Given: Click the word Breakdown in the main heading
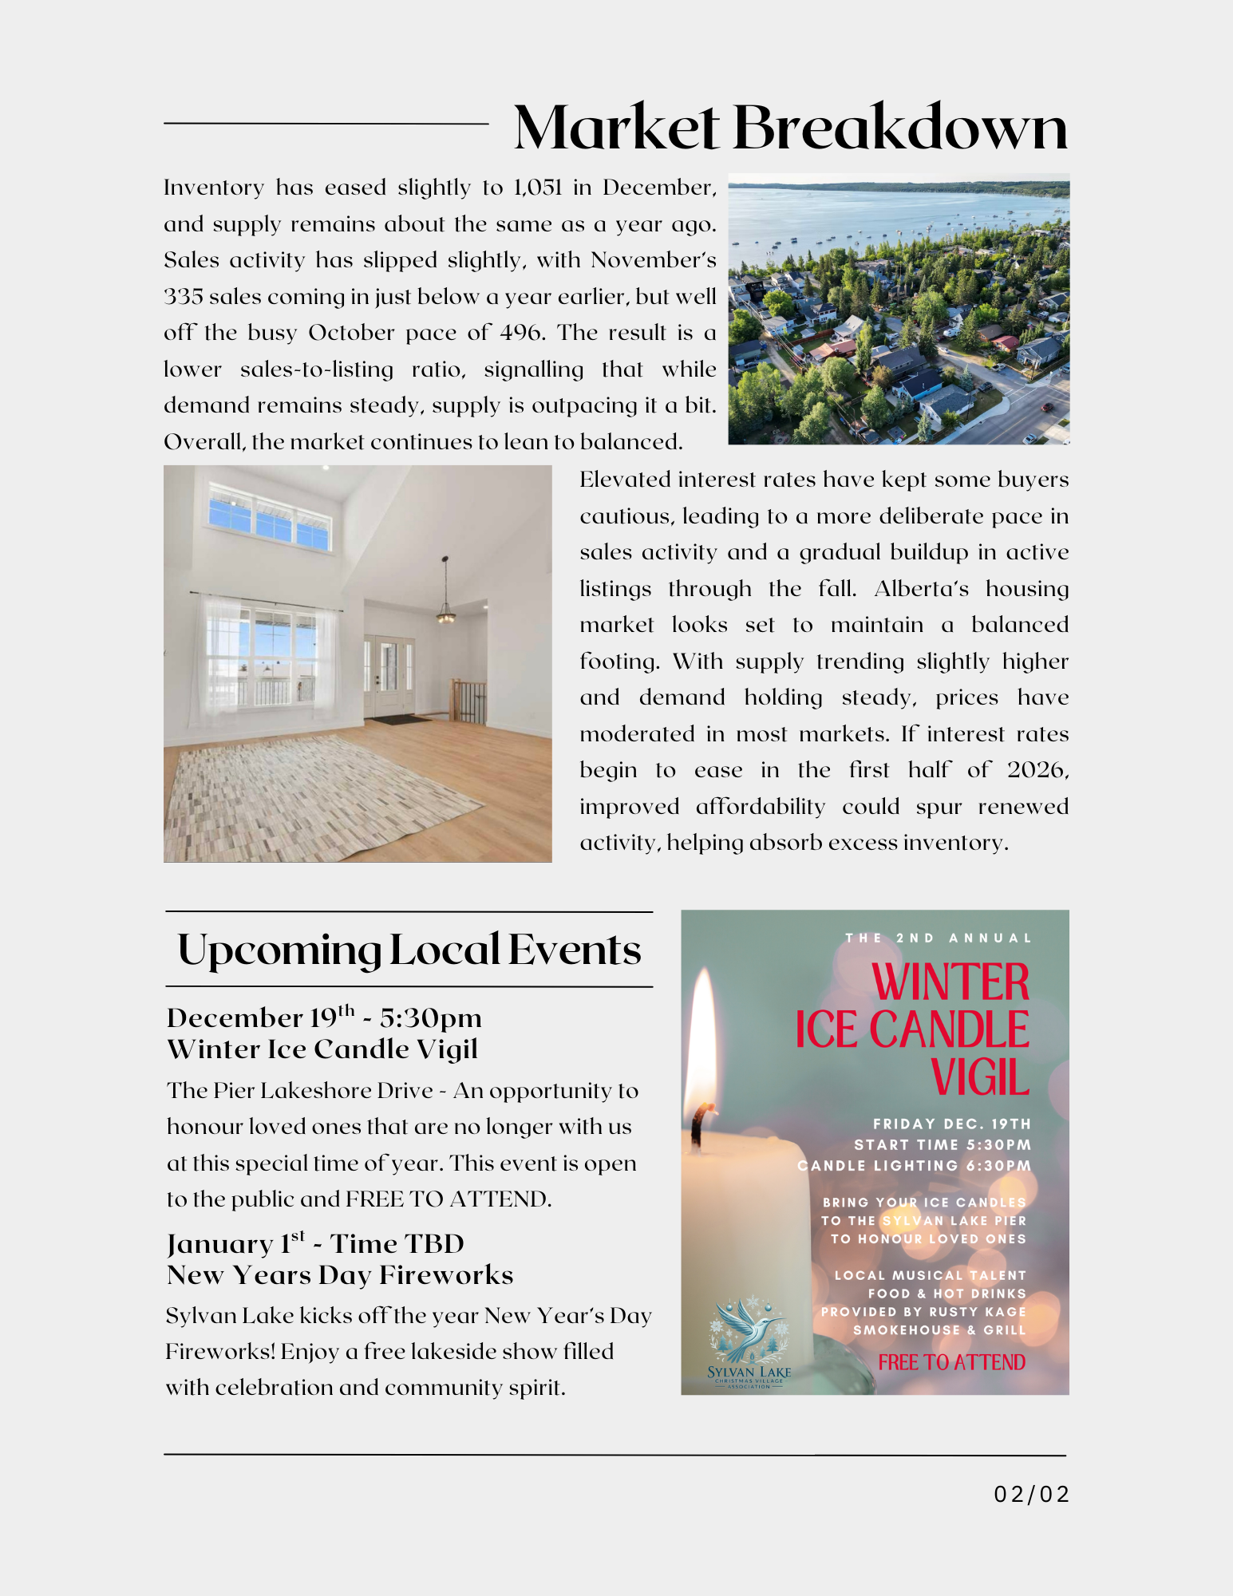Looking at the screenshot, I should point(899,128).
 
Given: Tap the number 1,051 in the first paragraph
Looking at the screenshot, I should point(537,188).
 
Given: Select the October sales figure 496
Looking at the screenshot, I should point(522,333).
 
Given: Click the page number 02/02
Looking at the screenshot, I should point(1031,1494).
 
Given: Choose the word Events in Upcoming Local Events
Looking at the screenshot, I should point(574,950).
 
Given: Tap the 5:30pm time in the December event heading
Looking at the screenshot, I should point(431,1018).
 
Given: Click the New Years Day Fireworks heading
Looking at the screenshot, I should point(340,1275).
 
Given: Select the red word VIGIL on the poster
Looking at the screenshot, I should point(980,1078).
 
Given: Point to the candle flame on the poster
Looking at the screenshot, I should point(703,1037).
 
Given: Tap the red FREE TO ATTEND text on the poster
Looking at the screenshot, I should point(951,1362).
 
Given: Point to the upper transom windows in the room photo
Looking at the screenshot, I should point(269,519).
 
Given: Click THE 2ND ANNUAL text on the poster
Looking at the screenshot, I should point(939,938).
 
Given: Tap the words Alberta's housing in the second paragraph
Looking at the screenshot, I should point(970,589).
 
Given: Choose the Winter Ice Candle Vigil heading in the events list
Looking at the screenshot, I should point(322,1049).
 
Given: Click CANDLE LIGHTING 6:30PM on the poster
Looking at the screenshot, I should point(914,1166).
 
